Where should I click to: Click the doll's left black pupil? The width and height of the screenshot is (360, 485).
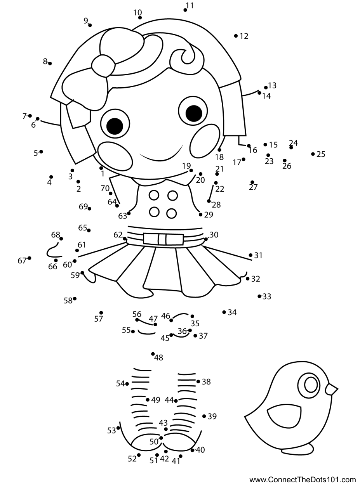point(115,126)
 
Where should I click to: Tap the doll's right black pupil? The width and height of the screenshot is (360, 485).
point(194,113)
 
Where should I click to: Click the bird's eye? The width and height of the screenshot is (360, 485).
point(311,385)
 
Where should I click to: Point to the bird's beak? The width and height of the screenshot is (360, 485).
point(332,389)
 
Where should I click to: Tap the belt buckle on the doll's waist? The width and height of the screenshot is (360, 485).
point(163,239)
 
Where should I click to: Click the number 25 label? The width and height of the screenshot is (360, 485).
point(321,154)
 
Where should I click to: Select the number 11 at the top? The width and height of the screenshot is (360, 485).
point(190,5)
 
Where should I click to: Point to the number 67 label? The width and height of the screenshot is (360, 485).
point(22,261)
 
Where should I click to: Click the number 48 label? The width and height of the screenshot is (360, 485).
point(158,358)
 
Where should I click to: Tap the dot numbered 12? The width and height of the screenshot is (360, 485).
point(236,36)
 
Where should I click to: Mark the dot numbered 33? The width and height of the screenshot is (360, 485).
point(259,296)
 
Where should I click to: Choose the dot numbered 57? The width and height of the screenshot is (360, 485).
point(101,313)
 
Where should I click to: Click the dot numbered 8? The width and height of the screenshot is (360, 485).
point(50,63)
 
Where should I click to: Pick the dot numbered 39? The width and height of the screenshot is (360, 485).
point(204,416)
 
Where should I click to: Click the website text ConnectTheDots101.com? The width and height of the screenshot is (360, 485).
point(303,480)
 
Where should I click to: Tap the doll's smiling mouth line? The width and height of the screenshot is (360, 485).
point(161,157)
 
